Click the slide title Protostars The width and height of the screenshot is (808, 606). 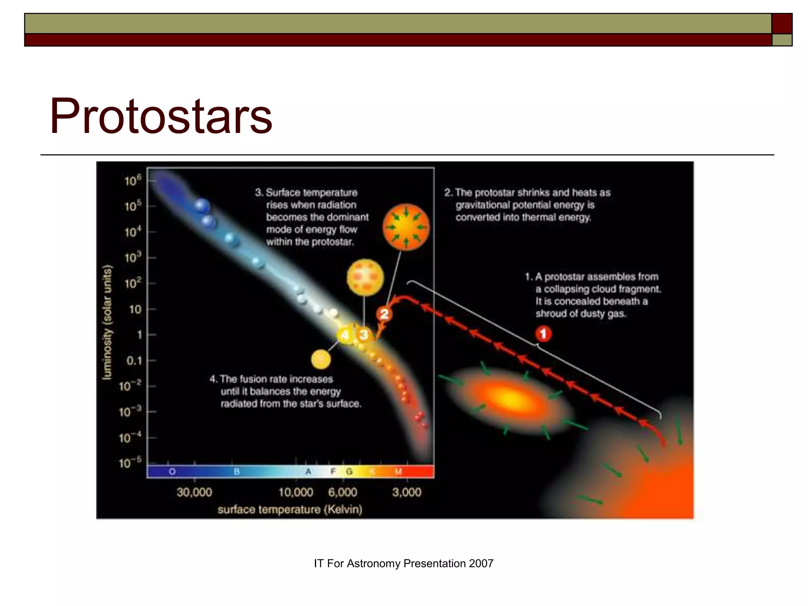pos(161,116)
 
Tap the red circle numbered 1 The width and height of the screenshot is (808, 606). pos(543,334)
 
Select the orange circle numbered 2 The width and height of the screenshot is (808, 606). pos(384,314)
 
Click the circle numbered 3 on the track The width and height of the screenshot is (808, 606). pos(363,335)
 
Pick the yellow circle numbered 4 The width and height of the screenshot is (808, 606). pos(345,335)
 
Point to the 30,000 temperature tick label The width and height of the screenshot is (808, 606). pos(194,492)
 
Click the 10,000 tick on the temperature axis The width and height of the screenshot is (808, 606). pos(296,492)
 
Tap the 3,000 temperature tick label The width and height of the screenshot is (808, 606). pos(407,492)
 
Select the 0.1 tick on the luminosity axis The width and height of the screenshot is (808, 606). pos(134,361)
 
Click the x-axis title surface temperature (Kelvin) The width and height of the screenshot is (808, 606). pos(290,509)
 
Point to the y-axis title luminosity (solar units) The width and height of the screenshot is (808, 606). pos(107,322)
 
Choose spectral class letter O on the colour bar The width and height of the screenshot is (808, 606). pos(172,471)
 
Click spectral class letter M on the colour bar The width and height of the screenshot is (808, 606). pos(398,471)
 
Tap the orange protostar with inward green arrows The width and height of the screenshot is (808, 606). pos(406,227)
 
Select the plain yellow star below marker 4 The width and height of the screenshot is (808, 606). pos(321,359)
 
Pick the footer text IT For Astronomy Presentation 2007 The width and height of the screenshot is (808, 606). pos(404,563)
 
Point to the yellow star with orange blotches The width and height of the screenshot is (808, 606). pos(365,278)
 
